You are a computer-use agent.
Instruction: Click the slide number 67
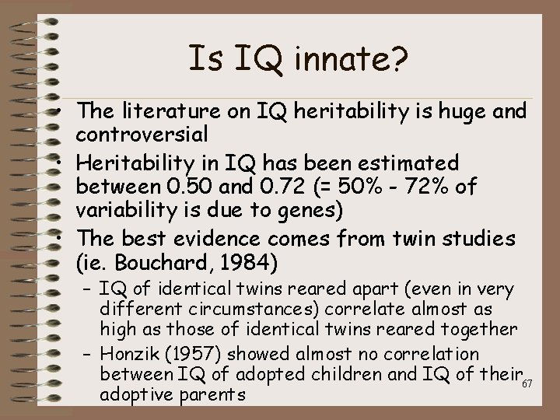[527, 384]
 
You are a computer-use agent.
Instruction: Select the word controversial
[142, 134]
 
